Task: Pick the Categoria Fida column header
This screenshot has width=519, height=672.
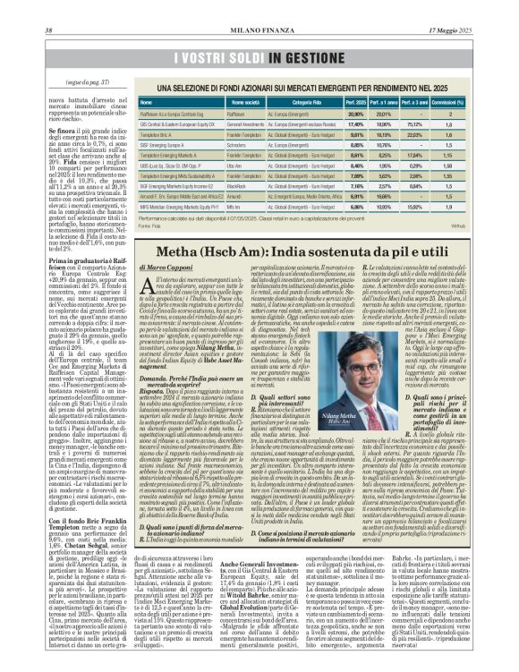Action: click(x=299, y=104)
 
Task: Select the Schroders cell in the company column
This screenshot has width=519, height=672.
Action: click(x=237, y=142)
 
